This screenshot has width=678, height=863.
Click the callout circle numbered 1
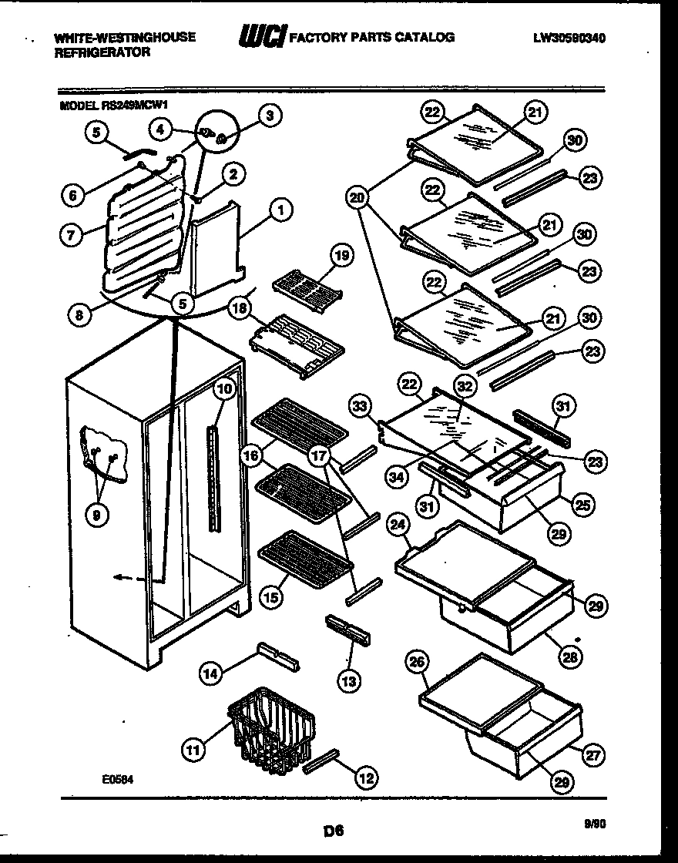coord(281,208)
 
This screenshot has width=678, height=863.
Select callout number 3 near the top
coord(269,116)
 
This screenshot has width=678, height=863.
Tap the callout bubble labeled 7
coord(71,237)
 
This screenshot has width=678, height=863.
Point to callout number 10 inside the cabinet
coord(223,389)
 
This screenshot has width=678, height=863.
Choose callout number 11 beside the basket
coord(195,747)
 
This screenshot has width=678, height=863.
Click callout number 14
coord(210,673)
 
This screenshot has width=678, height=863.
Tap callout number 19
coord(341,255)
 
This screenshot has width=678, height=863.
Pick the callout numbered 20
coord(357,198)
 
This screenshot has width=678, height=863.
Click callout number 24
coord(398,527)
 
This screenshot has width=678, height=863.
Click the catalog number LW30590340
coord(568,36)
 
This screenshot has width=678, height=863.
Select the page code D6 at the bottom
coord(333,831)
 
